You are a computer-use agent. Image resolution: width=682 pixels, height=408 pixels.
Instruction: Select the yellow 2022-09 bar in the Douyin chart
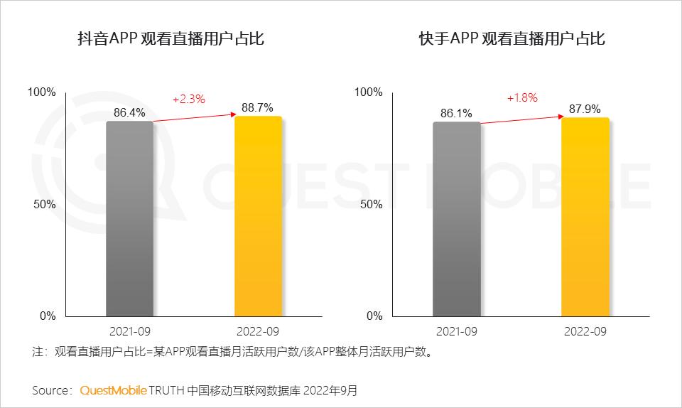[258, 216]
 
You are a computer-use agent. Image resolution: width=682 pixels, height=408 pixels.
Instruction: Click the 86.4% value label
[129, 112]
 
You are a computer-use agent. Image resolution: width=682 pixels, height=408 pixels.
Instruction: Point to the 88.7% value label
[258, 107]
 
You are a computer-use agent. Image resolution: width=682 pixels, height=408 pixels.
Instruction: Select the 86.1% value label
[456, 113]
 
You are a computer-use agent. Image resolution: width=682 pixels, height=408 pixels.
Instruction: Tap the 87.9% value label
[585, 109]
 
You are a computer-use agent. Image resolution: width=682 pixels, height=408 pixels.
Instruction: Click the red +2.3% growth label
[189, 100]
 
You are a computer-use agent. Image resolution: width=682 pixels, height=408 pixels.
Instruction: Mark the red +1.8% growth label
[522, 98]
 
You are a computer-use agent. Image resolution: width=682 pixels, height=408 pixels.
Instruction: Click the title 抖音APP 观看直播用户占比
[170, 38]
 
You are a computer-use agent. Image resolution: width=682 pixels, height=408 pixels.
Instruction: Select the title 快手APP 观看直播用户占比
[511, 38]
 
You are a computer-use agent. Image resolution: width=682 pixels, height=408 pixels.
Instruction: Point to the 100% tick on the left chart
[41, 92]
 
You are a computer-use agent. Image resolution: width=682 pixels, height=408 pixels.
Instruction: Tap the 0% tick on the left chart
[46, 316]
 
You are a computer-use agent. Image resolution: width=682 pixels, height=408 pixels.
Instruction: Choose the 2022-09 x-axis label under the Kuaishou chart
[585, 332]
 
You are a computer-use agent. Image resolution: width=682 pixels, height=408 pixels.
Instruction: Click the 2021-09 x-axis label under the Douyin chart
[129, 332]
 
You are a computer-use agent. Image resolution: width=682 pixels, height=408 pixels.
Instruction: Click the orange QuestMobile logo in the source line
[114, 390]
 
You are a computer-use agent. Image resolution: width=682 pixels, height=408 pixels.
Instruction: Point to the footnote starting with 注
[232, 352]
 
